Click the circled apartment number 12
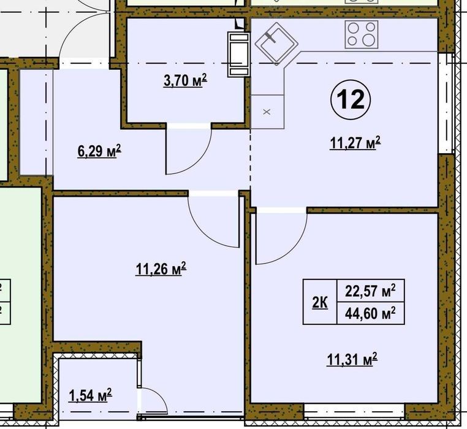pos(351,100)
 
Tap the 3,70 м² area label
pos(185,80)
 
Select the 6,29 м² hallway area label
pos(99,151)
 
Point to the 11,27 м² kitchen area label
pos(355,143)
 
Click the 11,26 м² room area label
pos(161,268)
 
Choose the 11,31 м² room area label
pos(352,359)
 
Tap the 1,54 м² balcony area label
pos(90,395)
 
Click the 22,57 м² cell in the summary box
pos(370,290)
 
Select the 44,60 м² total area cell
pos(370,313)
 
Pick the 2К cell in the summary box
pos(320,302)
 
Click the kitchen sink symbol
pos(276,43)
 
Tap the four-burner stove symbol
pos(361,34)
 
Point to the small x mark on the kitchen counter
pos(267,112)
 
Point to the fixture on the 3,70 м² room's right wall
pos(238,55)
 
